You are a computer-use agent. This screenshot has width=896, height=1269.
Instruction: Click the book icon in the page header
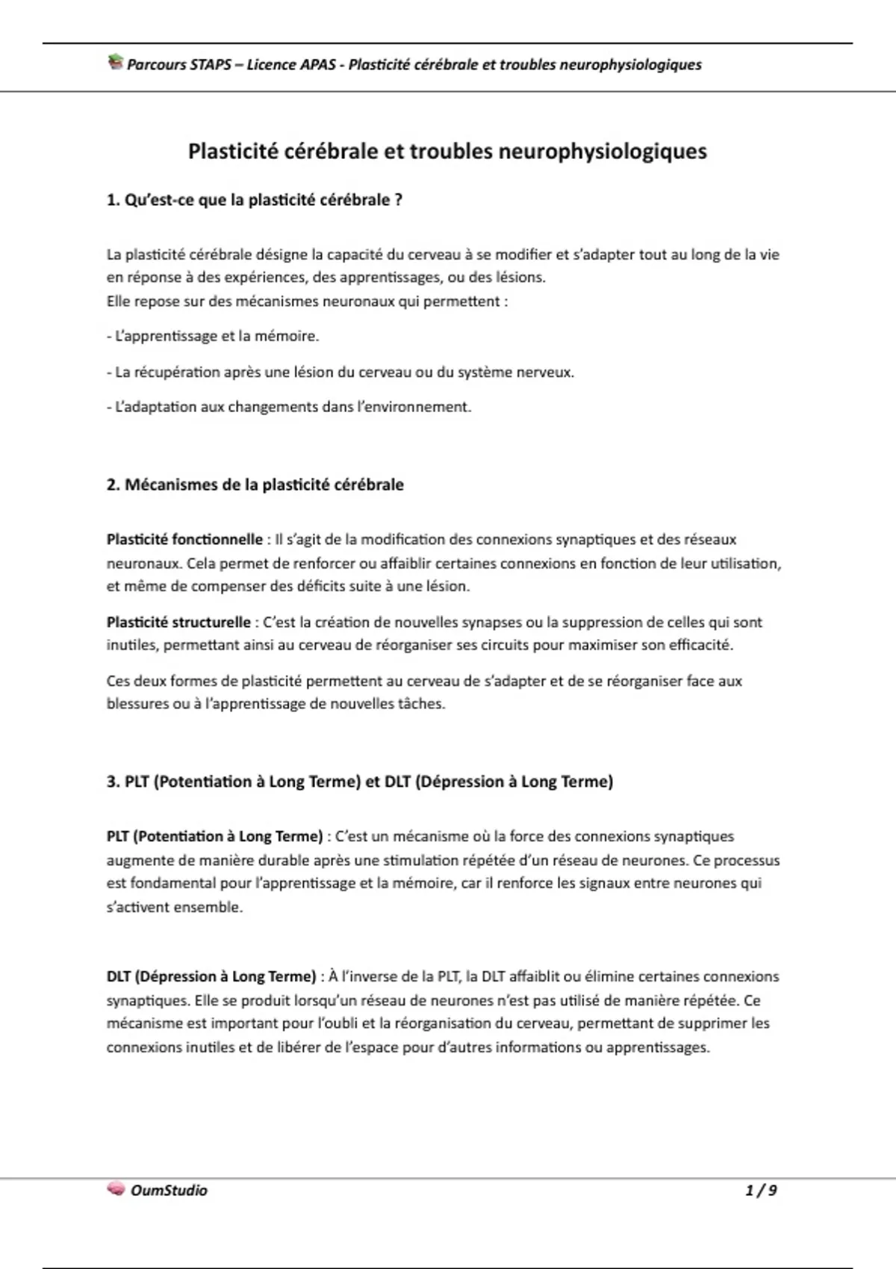115,63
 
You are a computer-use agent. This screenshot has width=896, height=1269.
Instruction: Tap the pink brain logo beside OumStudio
116,1189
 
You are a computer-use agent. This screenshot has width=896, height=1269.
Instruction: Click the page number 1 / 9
761,1190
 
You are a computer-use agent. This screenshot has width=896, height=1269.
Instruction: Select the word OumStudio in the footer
169,1190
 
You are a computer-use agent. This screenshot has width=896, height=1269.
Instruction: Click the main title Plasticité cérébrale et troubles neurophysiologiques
447,152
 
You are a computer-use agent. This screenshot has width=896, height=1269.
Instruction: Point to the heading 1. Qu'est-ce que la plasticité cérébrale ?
255,200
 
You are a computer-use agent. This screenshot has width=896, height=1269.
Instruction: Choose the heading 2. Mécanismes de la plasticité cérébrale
255,484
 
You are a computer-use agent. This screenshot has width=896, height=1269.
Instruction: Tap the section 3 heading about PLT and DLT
359,782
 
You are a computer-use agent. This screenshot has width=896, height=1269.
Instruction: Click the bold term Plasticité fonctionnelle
184,539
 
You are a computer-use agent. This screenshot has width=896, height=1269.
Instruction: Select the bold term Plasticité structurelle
178,622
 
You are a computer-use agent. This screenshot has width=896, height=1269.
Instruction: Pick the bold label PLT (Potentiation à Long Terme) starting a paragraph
214,836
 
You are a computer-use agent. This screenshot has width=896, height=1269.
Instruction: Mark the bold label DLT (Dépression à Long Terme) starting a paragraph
211,976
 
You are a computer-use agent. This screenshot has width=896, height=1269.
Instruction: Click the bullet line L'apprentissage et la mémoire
213,336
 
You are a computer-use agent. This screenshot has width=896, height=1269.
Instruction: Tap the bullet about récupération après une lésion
340,372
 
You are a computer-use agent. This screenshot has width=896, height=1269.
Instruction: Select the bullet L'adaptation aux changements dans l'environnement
289,407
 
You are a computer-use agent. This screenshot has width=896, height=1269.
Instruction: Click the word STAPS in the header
210,64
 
